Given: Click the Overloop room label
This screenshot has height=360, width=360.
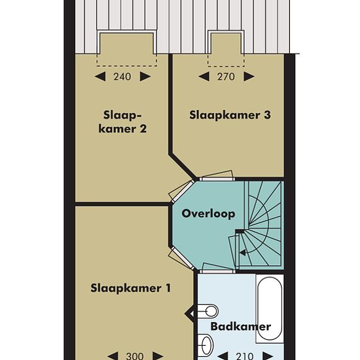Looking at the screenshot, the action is pos(208,214).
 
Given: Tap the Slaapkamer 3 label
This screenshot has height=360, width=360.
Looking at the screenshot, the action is pos(230,115).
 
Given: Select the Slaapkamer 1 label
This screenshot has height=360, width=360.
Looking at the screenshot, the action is pos(131,288).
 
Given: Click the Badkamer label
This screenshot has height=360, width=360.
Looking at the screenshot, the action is pos(240,326).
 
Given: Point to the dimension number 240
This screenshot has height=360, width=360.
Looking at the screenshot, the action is pos(122,77).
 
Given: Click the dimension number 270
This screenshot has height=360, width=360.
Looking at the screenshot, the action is pos(226,77).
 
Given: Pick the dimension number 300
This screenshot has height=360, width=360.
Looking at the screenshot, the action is pos(135,356).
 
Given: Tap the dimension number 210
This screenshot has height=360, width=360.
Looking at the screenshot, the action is pos(245,356).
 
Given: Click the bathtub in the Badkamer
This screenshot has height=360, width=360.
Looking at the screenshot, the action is pos(270,308).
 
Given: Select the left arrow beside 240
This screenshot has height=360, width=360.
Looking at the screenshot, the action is pos(100,77).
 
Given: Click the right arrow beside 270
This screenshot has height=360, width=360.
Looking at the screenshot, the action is pos(249,77).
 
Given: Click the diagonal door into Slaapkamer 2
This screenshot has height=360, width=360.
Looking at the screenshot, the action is pos(181,192).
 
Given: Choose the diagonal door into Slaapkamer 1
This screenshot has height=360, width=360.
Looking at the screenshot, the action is pos(181,259).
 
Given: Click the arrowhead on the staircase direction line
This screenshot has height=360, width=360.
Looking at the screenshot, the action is pos(242,253).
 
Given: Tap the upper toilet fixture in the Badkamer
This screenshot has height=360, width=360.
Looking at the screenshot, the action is pos(207,312).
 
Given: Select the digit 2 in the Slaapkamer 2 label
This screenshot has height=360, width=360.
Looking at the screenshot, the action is pos(143,128).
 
